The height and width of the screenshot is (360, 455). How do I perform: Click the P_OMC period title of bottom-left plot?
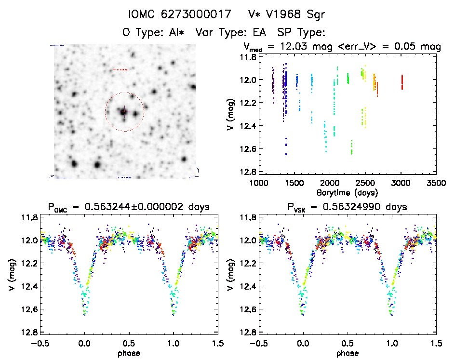[128, 208]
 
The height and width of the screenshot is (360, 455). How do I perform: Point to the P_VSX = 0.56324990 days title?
[348, 208]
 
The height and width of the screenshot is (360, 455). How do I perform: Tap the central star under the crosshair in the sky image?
[123, 112]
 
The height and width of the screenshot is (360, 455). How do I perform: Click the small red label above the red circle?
[120, 69]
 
